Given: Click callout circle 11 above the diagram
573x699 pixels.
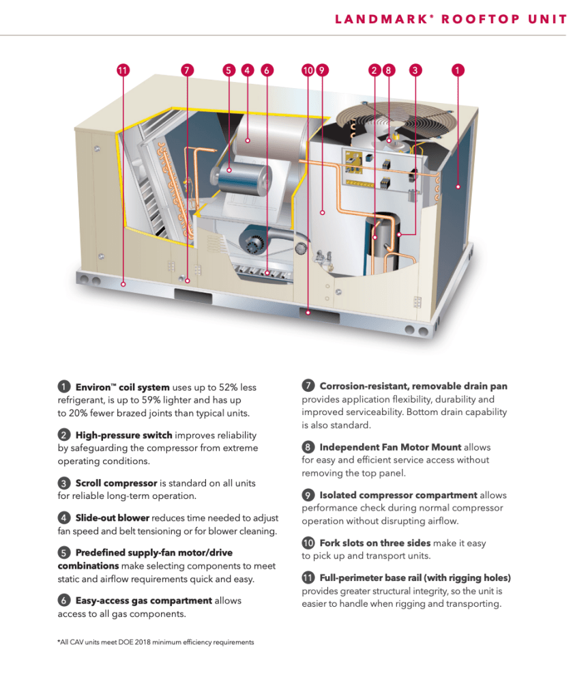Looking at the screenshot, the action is [123, 70].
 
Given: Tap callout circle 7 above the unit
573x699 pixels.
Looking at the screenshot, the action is [188, 70].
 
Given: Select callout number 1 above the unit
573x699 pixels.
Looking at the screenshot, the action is [458, 70].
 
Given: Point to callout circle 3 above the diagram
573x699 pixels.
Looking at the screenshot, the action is [415, 70].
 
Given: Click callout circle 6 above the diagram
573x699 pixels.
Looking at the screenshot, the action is [267, 70].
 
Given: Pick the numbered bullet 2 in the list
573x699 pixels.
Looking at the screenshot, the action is [63, 435].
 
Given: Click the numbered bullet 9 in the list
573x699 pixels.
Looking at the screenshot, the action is [308, 495].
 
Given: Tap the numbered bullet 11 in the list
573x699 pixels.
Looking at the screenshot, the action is [308, 578].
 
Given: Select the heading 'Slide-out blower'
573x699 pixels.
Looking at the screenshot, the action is [112, 518].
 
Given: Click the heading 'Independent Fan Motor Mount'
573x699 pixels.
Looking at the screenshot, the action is [390, 447].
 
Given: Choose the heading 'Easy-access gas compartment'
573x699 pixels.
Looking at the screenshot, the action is [143, 601].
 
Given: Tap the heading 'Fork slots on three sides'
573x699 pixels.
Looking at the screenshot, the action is [374, 543].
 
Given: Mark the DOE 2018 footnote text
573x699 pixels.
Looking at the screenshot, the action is [156, 642].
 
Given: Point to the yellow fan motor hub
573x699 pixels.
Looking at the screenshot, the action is [394, 139].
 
